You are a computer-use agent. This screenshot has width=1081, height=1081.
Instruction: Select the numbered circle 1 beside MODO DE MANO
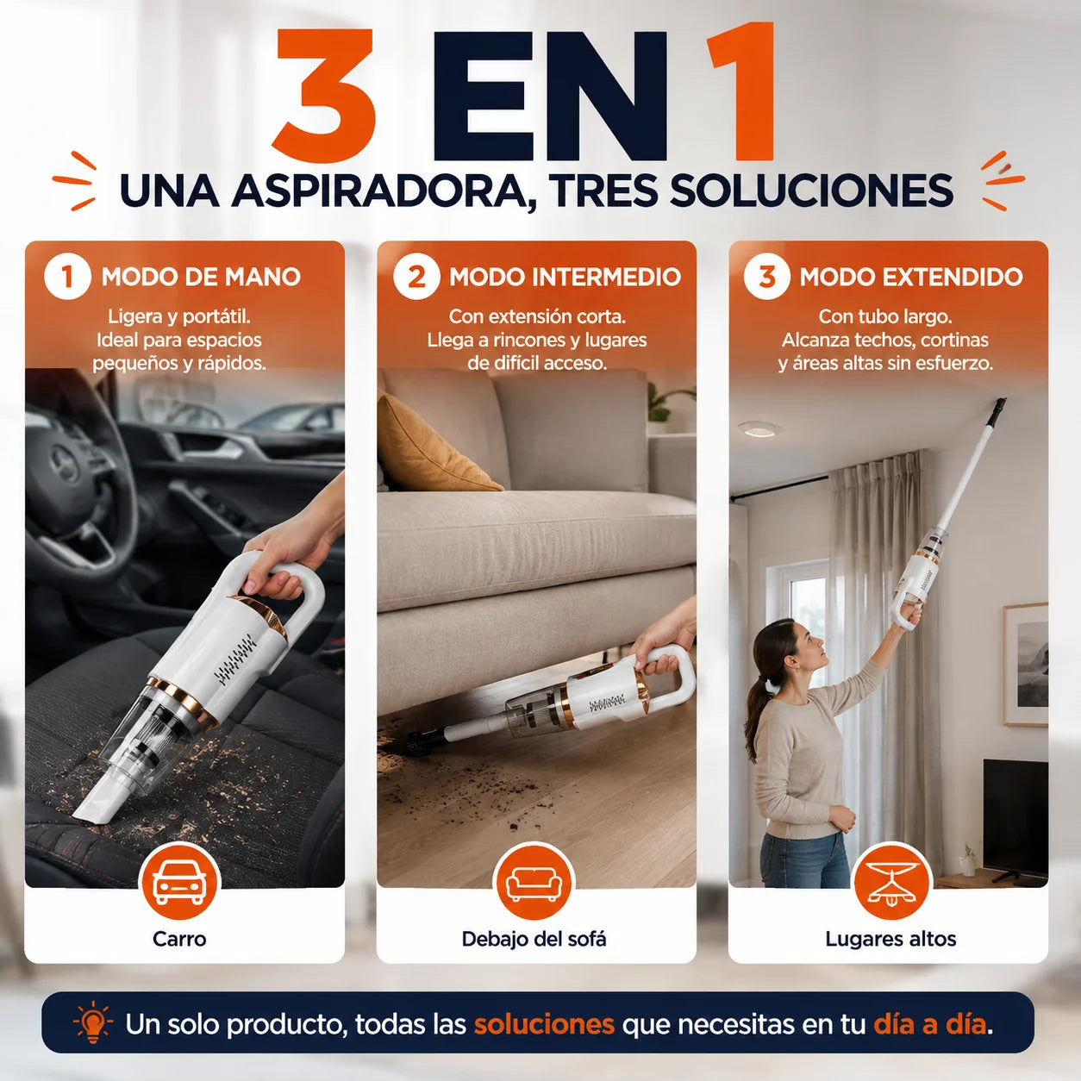click(x=67, y=277)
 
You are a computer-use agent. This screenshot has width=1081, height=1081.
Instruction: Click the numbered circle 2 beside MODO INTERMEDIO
click(x=416, y=277)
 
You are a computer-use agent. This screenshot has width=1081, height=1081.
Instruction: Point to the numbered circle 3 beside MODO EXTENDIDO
click(x=767, y=277)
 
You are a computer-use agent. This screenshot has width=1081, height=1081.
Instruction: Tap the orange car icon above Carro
click(x=179, y=884)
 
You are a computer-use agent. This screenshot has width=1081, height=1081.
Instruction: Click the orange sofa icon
click(x=534, y=884)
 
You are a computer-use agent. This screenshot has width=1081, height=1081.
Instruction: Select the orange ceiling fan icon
click(x=892, y=884)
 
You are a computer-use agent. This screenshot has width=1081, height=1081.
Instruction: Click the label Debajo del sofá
click(x=534, y=939)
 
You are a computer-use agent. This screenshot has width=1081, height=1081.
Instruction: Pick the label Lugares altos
click(x=890, y=939)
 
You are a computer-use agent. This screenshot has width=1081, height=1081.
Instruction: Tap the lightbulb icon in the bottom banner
click(x=93, y=1024)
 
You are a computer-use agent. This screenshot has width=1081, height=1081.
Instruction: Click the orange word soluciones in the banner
click(x=544, y=1024)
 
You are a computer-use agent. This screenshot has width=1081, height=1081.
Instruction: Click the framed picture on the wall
click(x=1026, y=665)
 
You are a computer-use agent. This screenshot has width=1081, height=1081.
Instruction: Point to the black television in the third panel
click(x=1015, y=821)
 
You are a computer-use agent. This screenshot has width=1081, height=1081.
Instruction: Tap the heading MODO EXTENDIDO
click(x=911, y=277)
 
